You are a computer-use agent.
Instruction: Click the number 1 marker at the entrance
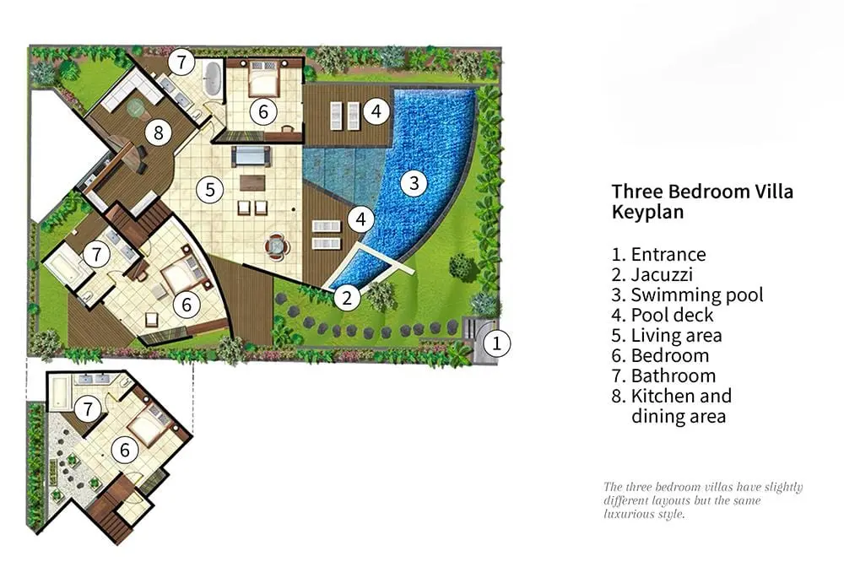tap(496, 343)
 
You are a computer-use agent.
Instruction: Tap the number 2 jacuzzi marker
tap(347, 297)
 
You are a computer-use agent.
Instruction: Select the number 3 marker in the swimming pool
tap(414, 183)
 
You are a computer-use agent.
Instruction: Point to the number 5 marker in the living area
tap(210, 190)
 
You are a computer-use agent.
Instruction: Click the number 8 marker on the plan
tap(159, 132)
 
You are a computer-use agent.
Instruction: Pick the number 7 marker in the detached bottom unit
tap(88, 409)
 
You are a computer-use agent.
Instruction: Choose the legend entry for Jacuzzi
tap(652, 274)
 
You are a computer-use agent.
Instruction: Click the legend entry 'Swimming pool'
tap(687, 295)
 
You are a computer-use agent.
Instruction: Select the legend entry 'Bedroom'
tap(660, 356)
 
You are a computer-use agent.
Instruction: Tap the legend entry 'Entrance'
tap(658, 254)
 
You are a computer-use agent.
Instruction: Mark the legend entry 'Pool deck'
tap(663, 315)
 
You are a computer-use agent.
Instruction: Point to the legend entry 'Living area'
tap(667, 335)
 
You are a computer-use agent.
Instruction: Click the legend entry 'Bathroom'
tap(663, 376)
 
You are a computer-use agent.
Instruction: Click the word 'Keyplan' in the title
tap(647, 212)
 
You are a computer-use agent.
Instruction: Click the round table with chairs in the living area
tap(277, 246)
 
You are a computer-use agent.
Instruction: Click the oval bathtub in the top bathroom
tap(214, 79)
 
